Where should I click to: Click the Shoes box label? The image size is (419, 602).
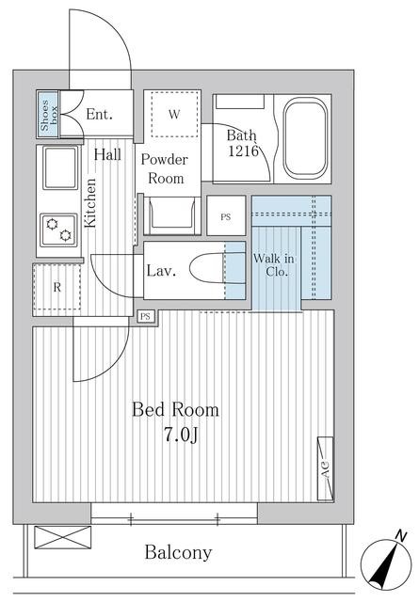tap(48, 115)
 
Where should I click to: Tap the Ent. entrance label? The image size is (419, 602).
tap(99, 114)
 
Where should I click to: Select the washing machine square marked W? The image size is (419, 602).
tap(174, 114)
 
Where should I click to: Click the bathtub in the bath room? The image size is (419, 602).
tap(306, 138)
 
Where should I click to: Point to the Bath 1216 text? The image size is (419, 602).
tap(242, 143)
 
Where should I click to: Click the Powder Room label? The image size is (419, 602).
tap(165, 169)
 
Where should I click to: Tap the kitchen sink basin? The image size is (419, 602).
tap(60, 167)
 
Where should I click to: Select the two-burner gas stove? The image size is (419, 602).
tap(58, 230)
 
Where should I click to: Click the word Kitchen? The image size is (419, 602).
tap(89, 203)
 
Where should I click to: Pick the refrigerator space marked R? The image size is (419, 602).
tap(56, 287)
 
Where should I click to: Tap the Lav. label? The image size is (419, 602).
tap(161, 271)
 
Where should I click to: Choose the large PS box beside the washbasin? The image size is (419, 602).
tap(226, 215)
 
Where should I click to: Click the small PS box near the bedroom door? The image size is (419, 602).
tap(145, 316)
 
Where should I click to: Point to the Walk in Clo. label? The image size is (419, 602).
tap(274, 265)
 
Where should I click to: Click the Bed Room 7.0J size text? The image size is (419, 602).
tap(176, 421)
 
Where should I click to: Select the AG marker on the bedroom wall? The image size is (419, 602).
tap(325, 468)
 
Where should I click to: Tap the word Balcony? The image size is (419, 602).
tap(178, 552)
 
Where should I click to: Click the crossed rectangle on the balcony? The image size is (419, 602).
tap(63, 537)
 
